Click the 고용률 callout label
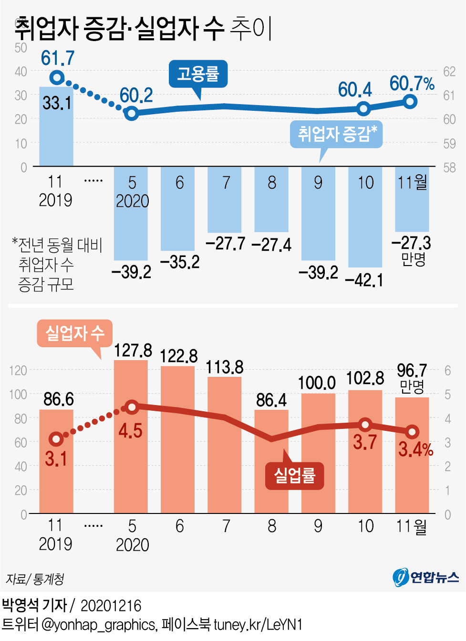(198, 74)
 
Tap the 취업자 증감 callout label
(337, 134)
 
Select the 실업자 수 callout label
(74, 333)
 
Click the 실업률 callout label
(294, 475)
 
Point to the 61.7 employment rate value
(58, 58)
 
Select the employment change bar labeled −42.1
(365, 217)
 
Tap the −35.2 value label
(180, 262)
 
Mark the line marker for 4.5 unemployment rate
(132, 407)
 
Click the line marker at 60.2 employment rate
(131, 113)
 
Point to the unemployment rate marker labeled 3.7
(365, 425)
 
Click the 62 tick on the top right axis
(449, 72)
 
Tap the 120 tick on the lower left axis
(18, 371)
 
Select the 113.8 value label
(225, 367)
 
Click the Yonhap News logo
(425, 577)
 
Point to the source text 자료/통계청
(35, 579)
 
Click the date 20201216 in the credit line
(111, 606)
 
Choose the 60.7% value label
(412, 84)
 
